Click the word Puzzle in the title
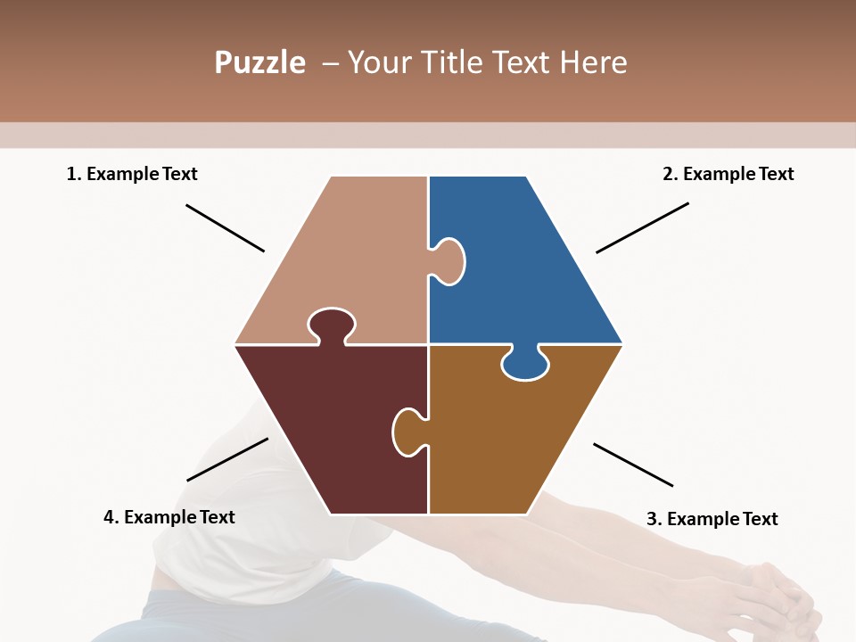click(x=259, y=63)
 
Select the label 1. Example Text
click(x=132, y=174)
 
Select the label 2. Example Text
click(x=728, y=174)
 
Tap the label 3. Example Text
click(x=712, y=519)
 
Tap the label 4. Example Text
click(x=169, y=517)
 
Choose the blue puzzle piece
click(x=526, y=267)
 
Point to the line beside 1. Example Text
click(x=225, y=227)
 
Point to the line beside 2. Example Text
click(x=642, y=227)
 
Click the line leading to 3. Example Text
click(x=633, y=465)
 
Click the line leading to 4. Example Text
click(x=227, y=459)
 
